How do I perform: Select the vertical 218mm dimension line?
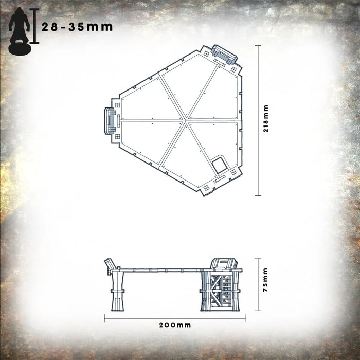259,121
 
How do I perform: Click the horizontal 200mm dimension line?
175,317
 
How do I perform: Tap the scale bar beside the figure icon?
34,26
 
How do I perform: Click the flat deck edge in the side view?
165,269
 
